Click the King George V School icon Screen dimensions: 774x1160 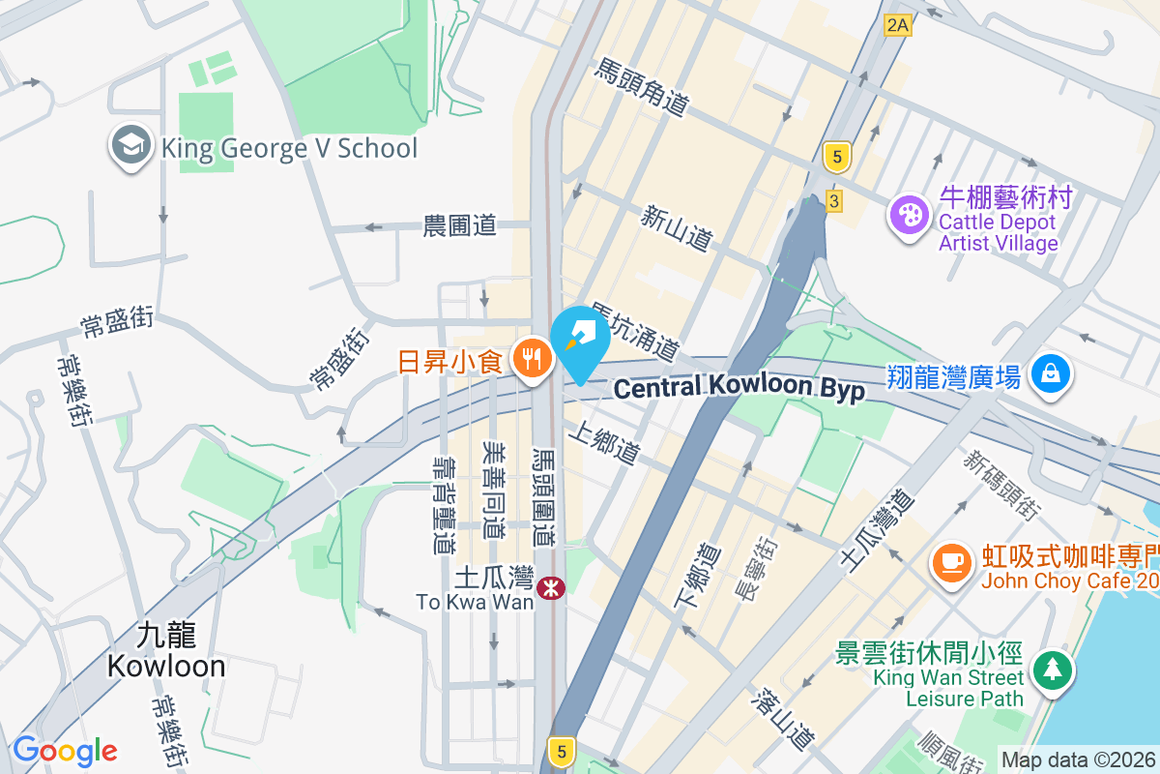(130, 147)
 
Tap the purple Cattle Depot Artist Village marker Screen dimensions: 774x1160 (908, 215)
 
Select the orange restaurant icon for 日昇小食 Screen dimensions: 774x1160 (531, 361)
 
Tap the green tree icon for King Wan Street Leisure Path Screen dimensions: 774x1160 (1050, 670)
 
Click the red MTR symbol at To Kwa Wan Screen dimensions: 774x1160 (552, 586)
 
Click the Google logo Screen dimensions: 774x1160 (65, 751)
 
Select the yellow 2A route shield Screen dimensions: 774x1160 (897, 25)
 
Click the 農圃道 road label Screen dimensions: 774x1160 (460, 226)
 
